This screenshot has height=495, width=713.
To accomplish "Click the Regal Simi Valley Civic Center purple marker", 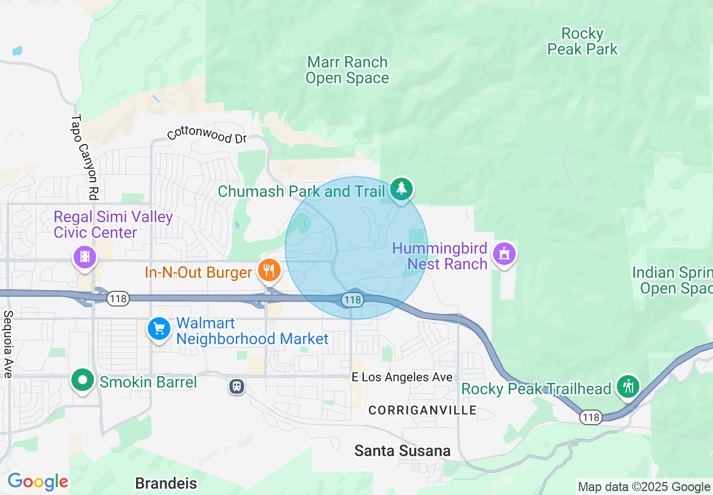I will [85, 258].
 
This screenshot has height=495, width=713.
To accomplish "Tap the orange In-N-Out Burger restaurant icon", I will [269, 271].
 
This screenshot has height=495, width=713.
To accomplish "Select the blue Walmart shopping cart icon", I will [159, 328].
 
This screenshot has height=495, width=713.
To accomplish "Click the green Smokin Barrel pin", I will [83, 380].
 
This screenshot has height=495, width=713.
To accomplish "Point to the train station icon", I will [237, 386].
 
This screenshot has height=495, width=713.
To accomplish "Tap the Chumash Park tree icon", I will [401, 189].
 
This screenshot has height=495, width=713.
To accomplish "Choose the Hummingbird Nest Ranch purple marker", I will [504, 254].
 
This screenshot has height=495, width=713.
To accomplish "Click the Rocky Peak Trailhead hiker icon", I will [628, 386].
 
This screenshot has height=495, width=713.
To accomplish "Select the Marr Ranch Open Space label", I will [347, 70].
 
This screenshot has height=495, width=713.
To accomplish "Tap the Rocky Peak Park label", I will [583, 42].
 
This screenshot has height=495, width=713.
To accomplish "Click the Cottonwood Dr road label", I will [207, 134].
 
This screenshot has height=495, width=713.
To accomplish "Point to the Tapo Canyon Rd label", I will [85, 157].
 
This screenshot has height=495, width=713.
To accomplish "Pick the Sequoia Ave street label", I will [8, 344].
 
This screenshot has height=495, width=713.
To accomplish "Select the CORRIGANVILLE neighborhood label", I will [422, 411].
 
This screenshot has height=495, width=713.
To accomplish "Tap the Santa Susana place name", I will [402, 451].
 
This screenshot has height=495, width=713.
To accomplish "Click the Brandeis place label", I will [166, 483].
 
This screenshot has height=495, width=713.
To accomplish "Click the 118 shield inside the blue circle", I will [353, 300].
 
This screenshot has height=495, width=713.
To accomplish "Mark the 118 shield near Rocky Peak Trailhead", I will [591, 417].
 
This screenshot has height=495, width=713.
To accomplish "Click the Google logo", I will [38, 481].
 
